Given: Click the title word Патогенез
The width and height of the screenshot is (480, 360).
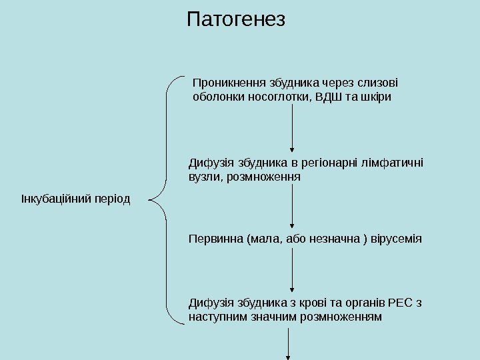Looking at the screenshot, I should tap(236, 19).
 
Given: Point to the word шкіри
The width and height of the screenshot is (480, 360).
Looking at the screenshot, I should tap(377, 97).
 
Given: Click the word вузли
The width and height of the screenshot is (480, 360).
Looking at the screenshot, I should tap(203, 177).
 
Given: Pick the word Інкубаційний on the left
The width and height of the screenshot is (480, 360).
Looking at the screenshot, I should tap(53, 199).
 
